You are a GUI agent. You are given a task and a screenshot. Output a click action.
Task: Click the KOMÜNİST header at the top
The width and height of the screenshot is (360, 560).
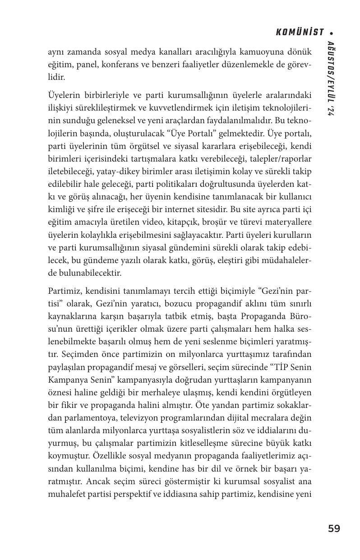(x=300, y=32)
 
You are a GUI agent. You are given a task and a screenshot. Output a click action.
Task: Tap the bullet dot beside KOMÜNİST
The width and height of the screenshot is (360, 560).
(x=332, y=33)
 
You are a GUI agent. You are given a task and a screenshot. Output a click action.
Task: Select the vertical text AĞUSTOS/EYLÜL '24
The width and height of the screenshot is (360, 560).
(x=331, y=79)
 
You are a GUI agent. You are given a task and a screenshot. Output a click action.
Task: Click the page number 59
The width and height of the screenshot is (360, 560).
(x=334, y=528)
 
